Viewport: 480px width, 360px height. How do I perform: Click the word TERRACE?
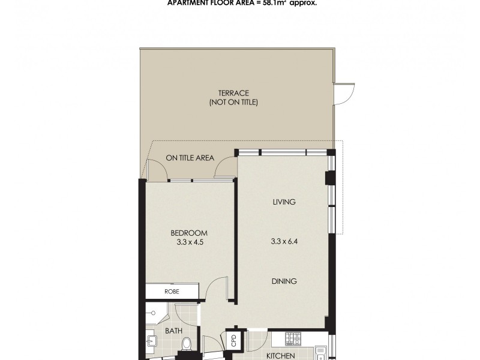click(x=233, y=93)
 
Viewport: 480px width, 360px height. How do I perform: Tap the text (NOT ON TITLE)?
click(x=233, y=103)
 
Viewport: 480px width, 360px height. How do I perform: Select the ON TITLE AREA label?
click(x=190, y=158)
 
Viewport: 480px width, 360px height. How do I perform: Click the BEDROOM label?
click(x=189, y=233)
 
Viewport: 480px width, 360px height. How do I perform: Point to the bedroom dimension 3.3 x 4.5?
click(x=189, y=243)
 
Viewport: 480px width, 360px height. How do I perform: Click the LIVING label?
click(x=284, y=202)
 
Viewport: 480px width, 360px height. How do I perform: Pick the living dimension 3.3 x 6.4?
click(x=284, y=242)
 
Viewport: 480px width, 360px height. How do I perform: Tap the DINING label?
click(x=284, y=281)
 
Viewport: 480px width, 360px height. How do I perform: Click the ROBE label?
click(x=172, y=292)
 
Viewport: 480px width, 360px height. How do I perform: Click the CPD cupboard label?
click(x=234, y=340)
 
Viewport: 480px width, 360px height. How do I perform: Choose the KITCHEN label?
click(x=280, y=356)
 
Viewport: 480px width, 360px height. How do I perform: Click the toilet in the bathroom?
click(x=187, y=344)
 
